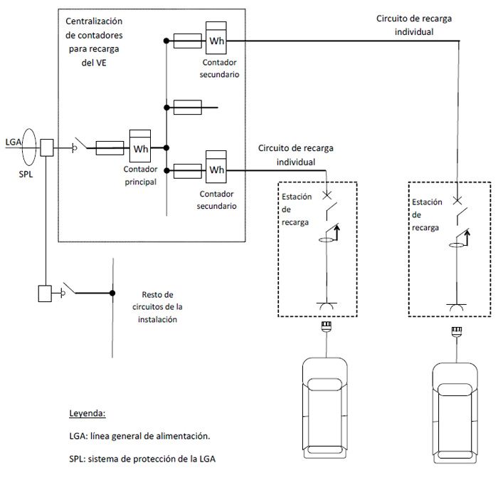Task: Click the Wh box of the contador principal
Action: [140, 146]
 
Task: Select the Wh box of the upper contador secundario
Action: [216, 38]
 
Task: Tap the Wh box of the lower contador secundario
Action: [216, 167]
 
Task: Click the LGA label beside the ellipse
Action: [14, 142]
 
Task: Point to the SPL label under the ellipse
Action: [26, 175]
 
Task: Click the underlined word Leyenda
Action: [88, 413]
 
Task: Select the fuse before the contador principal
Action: [110, 148]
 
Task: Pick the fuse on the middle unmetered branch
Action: [188, 108]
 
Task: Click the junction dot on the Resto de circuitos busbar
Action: [112, 293]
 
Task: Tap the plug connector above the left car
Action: [327, 326]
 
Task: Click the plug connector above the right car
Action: [457, 331]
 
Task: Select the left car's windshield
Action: [324, 385]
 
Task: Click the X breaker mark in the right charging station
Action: [457, 200]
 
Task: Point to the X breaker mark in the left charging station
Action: [327, 195]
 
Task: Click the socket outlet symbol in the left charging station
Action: [327, 306]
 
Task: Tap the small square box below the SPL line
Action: [45, 293]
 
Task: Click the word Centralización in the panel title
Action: [94, 21]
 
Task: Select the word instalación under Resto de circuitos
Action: [157, 319]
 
